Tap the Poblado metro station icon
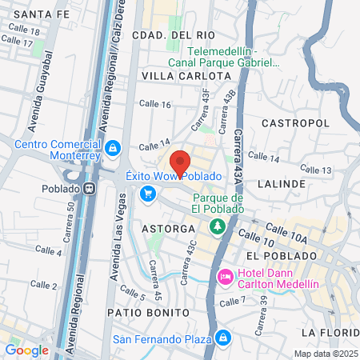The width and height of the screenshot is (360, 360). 90,189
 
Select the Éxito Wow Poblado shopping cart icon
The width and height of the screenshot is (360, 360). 147,193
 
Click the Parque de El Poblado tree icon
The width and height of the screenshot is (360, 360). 216,227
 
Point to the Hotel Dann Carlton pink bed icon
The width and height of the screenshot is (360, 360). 226,277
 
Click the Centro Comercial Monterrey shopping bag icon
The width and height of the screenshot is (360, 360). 114,147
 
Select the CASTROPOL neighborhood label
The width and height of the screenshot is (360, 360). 295,124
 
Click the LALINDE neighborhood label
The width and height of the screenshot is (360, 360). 282,183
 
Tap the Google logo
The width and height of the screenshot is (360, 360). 26,350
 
